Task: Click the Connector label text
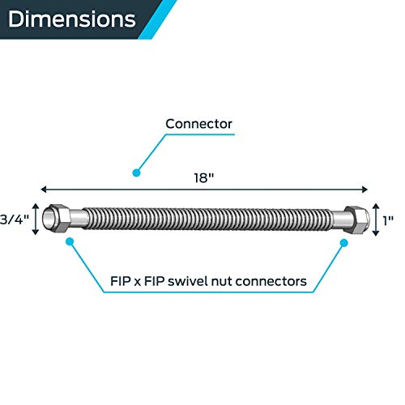coord(198,124)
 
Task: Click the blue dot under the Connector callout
coord(137,172)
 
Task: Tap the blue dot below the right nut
coord(335,242)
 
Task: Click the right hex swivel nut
coord(355,218)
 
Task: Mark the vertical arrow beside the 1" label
coord(376,218)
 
